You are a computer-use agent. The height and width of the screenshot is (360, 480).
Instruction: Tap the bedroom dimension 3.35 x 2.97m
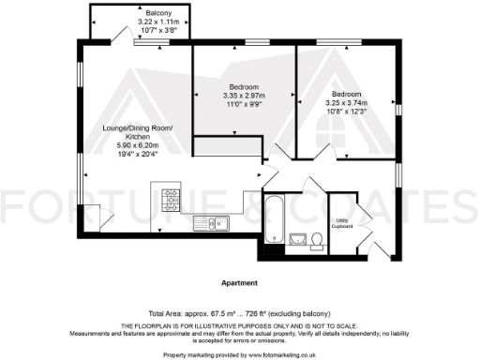244,95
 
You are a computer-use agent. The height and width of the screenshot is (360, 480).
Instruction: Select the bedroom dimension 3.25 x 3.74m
347,103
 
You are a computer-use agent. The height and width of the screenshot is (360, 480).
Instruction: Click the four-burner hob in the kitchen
172,197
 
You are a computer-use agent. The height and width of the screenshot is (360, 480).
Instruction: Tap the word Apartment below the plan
239,281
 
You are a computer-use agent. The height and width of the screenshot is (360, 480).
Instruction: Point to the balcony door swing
119,35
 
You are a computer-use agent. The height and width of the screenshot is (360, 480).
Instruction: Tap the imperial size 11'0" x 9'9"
244,103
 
